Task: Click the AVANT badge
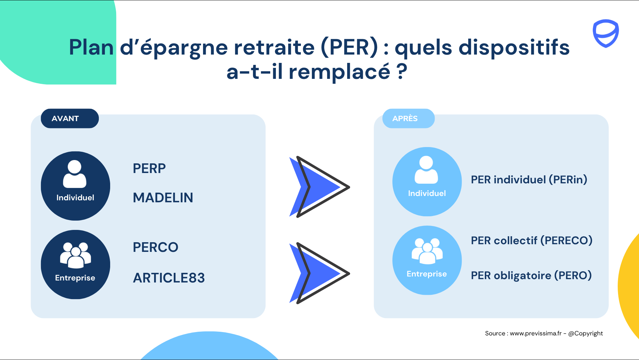pos(70,118)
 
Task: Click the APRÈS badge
pos(408,118)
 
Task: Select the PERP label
pos(149,168)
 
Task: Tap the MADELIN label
pos(163,198)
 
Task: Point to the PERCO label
pos(155,247)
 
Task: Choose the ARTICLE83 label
pos(169,278)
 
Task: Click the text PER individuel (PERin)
pos(529,180)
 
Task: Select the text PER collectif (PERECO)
pos(532,241)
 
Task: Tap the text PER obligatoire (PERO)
pos(531,275)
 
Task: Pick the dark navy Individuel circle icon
pos(76,186)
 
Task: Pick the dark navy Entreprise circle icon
pos(76,265)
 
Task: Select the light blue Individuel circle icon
pos(427,182)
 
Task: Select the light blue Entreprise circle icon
pos(427,260)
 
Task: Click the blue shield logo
pos(606,33)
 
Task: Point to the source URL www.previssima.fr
pos(535,333)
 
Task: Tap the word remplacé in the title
pos(339,72)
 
